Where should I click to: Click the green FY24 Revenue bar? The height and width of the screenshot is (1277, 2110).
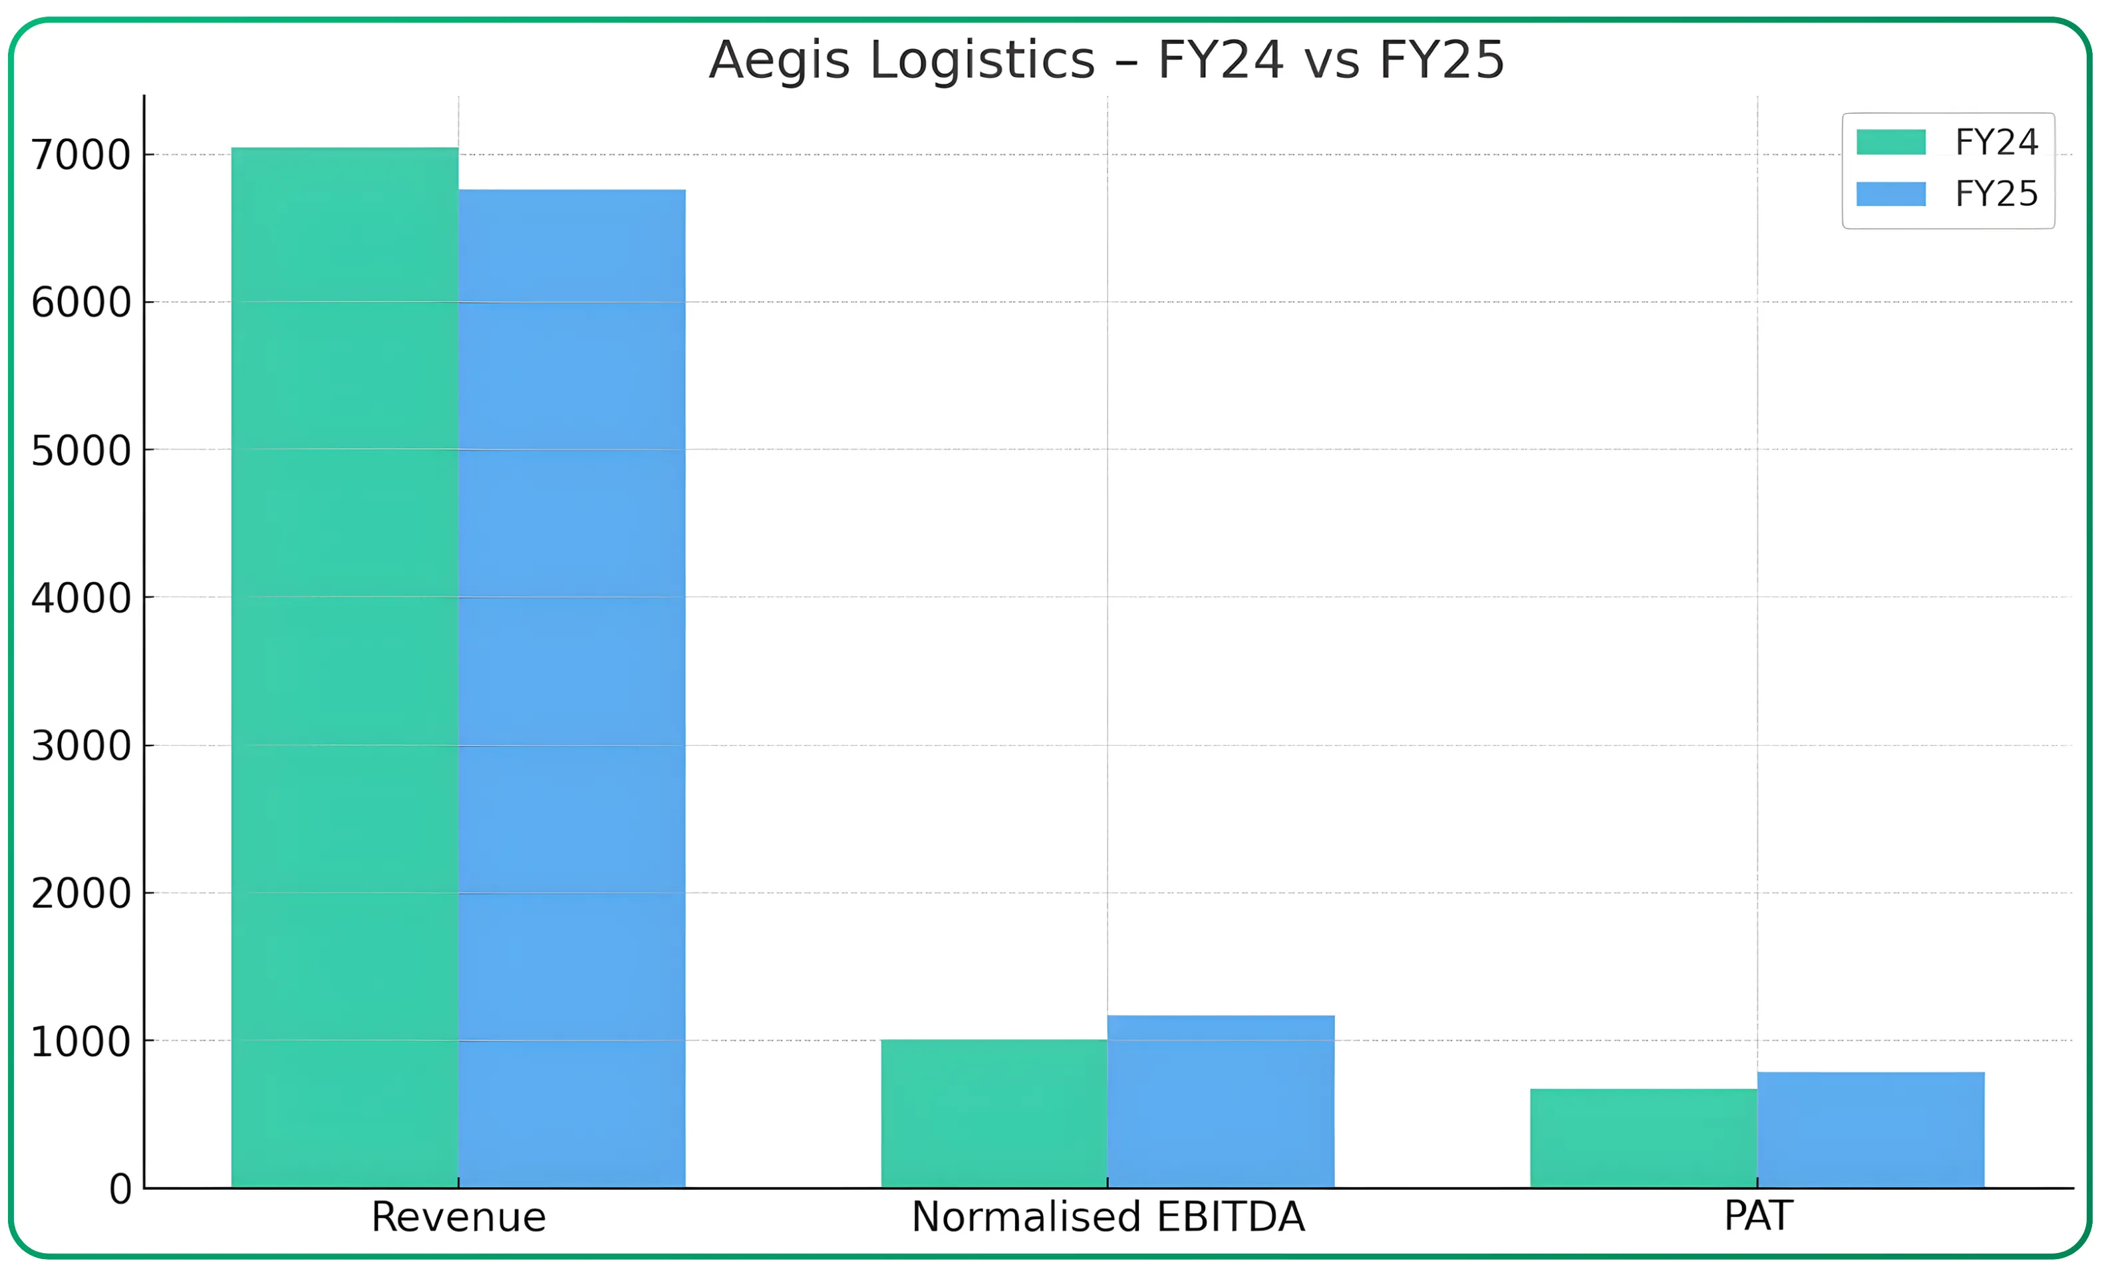[345, 668]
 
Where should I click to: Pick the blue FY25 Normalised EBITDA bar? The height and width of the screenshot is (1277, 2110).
[1220, 1101]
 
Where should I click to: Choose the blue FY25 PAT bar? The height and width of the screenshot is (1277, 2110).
[1871, 1130]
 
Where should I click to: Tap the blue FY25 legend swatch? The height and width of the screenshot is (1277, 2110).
[1890, 194]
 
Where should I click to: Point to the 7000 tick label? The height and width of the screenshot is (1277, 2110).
[80, 156]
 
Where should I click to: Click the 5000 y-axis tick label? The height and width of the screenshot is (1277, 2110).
[80, 452]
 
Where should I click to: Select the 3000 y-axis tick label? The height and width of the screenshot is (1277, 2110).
[80, 747]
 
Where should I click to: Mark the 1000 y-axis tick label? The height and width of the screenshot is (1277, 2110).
[80, 1042]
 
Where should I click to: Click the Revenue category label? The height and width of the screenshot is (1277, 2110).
[458, 1217]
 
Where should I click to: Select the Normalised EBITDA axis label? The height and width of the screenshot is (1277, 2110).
[1108, 1217]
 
